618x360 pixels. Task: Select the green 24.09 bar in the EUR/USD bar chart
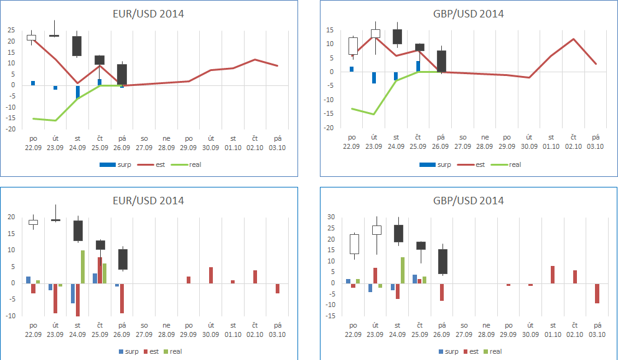point(83,267)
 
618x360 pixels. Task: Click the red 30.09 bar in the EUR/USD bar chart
point(211,275)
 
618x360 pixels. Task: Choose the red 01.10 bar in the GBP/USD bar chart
point(553,275)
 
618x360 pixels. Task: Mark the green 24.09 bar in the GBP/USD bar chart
point(402,270)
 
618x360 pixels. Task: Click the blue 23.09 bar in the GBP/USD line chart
point(374,77)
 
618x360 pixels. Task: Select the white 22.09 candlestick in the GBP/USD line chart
point(353,46)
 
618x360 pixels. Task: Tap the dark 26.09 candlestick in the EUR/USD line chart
point(122,75)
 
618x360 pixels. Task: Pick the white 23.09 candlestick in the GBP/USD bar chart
point(376,230)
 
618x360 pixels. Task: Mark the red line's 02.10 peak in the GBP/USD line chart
point(573,39)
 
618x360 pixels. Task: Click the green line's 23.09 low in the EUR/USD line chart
point(55,120)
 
